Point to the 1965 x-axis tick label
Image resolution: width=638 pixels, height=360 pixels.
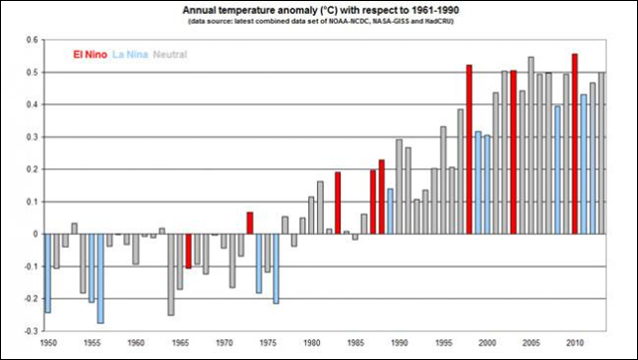180,342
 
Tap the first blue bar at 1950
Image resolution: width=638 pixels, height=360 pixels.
48,273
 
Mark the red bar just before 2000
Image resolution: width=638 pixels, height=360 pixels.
469,149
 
